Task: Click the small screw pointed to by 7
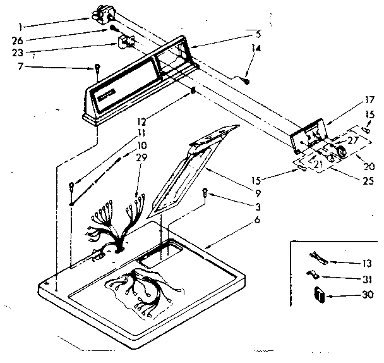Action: tap(98, 68)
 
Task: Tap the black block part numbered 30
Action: tap(319, 294)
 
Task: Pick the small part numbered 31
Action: tap(313, 274)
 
